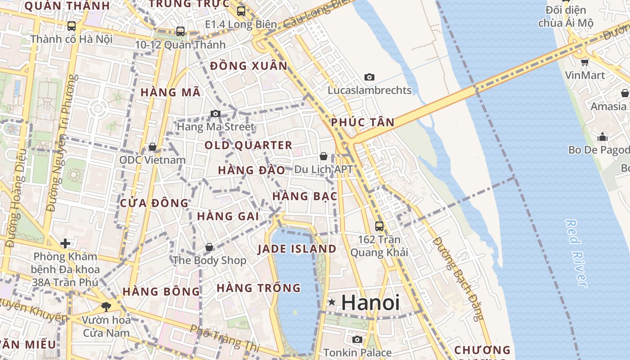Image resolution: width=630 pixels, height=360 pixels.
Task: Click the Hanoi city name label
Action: pos(370,302)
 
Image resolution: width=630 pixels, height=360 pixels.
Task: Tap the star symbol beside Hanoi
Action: pos(332,302)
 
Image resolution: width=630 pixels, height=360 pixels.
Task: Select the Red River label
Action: pos(576,253)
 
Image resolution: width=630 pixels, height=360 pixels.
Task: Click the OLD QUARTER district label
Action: pos(248,145)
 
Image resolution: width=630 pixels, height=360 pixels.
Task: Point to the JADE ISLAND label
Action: pos(297,249)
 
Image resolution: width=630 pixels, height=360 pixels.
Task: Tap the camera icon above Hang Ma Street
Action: pos(216,113)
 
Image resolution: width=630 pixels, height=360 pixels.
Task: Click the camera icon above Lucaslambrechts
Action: pos(369,77)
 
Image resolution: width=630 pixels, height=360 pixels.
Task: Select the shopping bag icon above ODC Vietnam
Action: pos(153,147)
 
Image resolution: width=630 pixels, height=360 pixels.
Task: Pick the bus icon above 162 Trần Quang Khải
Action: pos(379,226)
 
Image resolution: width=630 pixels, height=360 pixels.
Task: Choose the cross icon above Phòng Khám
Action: pos(65,243)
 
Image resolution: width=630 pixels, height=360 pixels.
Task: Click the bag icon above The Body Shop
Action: pos(209,247)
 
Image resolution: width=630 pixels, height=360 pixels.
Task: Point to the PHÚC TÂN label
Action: pos(363,122)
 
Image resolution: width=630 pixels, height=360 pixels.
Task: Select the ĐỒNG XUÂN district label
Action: pos(248,66)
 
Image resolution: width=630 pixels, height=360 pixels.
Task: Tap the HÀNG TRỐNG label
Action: pos(258,288)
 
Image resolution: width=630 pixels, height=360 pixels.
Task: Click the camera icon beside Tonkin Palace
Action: pos(357,339)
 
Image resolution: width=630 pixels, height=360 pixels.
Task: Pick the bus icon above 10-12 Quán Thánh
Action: pos(180,31)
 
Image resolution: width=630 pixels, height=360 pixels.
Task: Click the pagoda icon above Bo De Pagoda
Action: pos(603,136)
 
